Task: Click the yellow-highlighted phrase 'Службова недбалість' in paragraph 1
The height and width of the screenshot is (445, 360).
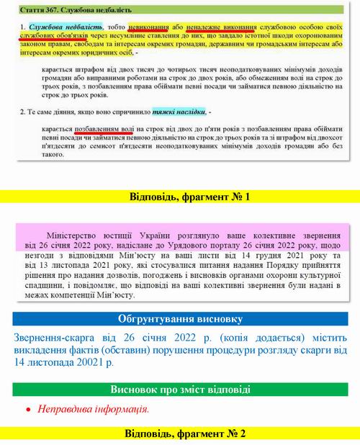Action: pos(53,27)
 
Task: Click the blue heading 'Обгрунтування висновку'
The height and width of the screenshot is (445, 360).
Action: pos(180,318)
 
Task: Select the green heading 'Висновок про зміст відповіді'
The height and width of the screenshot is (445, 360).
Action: pos(180,390)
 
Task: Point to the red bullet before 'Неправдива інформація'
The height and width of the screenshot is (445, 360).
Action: pos(28,410)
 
